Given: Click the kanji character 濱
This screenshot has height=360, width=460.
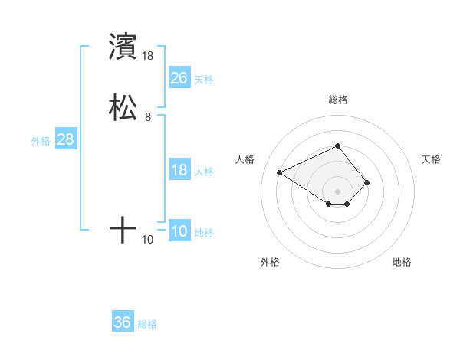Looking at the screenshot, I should click(x=123, y=47).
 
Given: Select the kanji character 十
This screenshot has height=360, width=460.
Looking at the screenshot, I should click(x=123, y=230).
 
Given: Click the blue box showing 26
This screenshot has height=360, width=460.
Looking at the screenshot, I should click(x=179, y=78).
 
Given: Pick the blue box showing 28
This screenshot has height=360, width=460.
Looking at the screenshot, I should click(x=65, y=139).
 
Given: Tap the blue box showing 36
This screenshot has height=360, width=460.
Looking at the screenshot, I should click(x=123, y=322).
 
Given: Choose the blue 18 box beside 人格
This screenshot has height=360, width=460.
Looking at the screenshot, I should click(x=179, y=170).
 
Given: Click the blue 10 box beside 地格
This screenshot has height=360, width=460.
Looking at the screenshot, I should click(x=179, y=231).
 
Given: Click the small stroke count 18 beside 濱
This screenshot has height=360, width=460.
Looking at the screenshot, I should click(x=148, y=56).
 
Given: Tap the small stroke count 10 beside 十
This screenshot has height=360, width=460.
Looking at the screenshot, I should click(x=148, y=240).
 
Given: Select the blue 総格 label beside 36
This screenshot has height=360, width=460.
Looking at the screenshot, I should click(x=147, y=324).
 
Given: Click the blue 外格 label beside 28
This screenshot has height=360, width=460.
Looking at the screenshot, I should click(x=41, y=141).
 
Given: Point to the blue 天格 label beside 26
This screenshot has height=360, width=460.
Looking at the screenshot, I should click(x=204, y=80).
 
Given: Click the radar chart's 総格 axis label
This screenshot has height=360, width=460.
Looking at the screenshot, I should click(x=338, y=100).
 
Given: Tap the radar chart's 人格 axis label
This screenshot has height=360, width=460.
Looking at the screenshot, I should click(x=245, y=159).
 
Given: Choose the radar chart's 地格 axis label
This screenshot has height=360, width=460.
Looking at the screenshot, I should click(x=402, y=262).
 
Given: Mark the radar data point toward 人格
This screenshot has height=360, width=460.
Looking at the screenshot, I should click(x=280, y=172).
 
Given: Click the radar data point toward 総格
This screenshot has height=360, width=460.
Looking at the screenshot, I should click(x=338, y=146).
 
